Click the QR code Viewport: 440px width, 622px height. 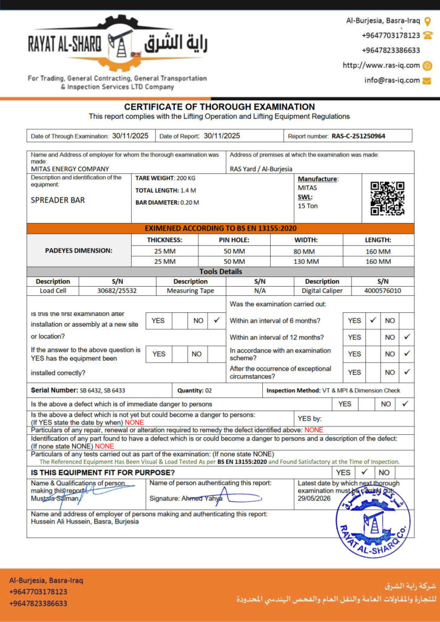tap(387, 198)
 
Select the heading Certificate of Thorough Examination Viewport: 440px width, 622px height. tap(220, 106)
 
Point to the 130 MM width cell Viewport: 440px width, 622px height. tap(304, 262)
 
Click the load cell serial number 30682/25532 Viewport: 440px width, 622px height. tap(117, 291)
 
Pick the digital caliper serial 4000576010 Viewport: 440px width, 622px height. tap(383, 291)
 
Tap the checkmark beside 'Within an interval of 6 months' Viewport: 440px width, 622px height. tap(373, 320)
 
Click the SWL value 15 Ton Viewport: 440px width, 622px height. tap(308, 206)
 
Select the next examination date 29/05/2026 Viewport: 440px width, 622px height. tap(314, 497)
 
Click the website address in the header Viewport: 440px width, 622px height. tap(381, 66)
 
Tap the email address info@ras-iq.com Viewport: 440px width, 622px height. tap(392, 80)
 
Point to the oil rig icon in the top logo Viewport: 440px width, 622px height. tap(120, 43)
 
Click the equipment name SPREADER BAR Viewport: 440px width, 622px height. tap(58, 200)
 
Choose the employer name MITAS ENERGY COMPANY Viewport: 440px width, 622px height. tap(70, 169)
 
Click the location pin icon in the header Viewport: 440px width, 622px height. tap(428, 21)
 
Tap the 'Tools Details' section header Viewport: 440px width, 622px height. tap(220, 272)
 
